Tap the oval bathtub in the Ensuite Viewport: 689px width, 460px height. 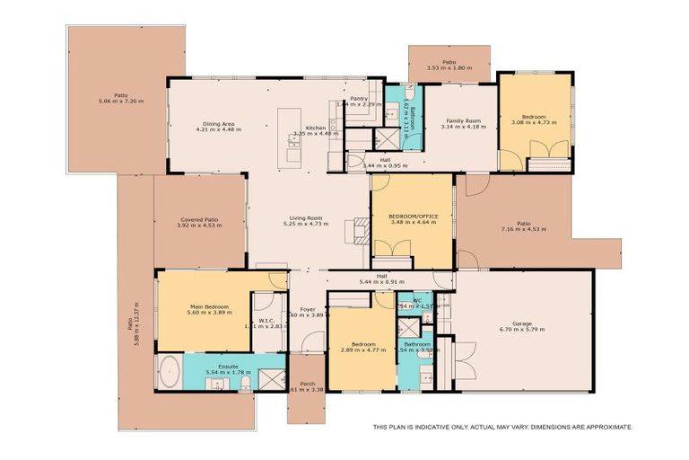[x=171, y=372]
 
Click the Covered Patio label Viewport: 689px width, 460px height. [x=199, y=220]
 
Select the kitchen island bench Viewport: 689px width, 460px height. [x=293, y=135]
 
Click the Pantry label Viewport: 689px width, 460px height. [x=359, y=98]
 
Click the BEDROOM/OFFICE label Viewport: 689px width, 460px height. [x=412, y=217]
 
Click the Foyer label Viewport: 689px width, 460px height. [x=307, y=309]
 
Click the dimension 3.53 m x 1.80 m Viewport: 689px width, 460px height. [x=449, y=66]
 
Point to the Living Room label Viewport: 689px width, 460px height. [x=305, y=217]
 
